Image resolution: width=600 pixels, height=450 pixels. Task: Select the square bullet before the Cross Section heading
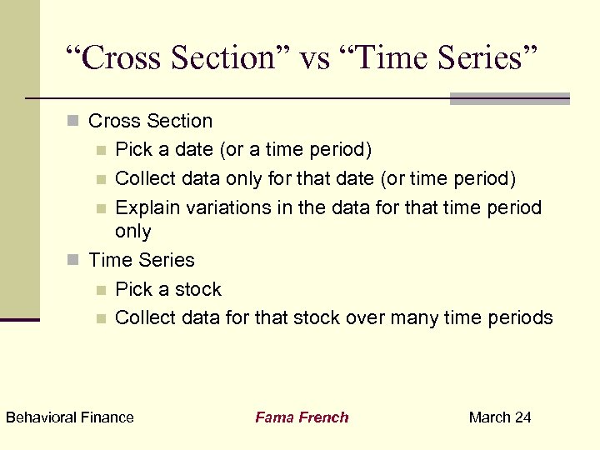click(73, 122)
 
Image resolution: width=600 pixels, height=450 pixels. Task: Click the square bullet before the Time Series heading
click(73, 261)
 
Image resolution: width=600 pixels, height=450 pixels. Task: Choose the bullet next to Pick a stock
click(101, 290)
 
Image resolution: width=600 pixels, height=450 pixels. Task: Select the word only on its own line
click(133, 231)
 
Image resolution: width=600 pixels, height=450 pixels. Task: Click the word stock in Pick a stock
click(199, 289)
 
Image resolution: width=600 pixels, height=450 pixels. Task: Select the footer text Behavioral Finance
click(70, 417)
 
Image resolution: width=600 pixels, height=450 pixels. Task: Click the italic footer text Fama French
click(302, 417)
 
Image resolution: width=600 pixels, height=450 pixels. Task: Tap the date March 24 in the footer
click(500, 417)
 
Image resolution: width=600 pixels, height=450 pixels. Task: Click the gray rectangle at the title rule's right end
click(509, 98)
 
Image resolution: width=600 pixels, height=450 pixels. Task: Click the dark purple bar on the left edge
click(19, 319)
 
